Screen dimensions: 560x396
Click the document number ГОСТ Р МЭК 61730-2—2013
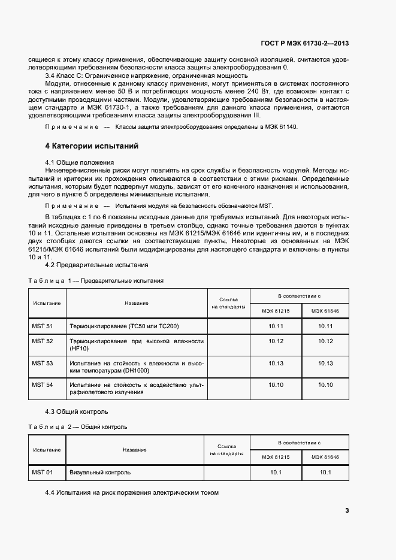[304, 44]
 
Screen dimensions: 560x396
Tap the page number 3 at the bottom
[347, 511]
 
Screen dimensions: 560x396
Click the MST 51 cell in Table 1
[42, 326]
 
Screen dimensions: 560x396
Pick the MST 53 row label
[42, 363]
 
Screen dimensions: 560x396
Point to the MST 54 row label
[42, 385]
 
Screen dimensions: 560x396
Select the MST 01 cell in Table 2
[42, 473]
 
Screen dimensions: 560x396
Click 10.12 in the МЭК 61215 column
[276, 341]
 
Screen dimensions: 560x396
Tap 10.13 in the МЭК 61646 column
[325, 363]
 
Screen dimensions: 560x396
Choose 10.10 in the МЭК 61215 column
[276, 385]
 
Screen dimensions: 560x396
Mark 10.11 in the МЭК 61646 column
[325, 326]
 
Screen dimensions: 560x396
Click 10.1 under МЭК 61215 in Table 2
[276, 473]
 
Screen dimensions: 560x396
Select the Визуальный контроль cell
[100, 473]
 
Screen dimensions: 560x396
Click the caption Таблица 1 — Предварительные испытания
[96, 280]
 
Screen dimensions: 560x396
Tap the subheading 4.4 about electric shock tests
[132, 492]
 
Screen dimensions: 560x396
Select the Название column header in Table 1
[137, 303]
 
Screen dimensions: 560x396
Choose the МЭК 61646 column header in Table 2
[325, 457]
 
